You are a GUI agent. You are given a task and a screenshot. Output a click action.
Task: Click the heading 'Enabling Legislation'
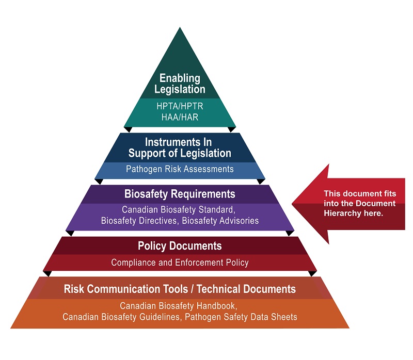pos(180,84)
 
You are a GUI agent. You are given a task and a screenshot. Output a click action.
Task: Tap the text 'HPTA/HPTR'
pos(180,107)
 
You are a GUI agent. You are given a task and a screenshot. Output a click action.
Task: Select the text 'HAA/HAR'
pos(180,118)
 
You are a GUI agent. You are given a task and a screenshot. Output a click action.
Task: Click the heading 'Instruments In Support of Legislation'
pos(180,148)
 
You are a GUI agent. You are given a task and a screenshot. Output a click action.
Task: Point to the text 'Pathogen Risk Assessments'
pos(180,169)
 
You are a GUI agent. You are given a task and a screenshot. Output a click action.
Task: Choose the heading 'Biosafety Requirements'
pos(180,194)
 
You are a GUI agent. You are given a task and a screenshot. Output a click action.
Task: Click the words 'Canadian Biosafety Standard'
pos(179,210)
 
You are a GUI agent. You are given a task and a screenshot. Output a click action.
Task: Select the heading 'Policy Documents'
pos(180,246)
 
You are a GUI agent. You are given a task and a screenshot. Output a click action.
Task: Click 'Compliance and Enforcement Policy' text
pos(180,263)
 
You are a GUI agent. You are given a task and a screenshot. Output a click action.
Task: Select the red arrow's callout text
pos(353,203)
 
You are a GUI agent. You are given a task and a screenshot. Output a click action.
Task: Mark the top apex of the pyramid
pos(180,28)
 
